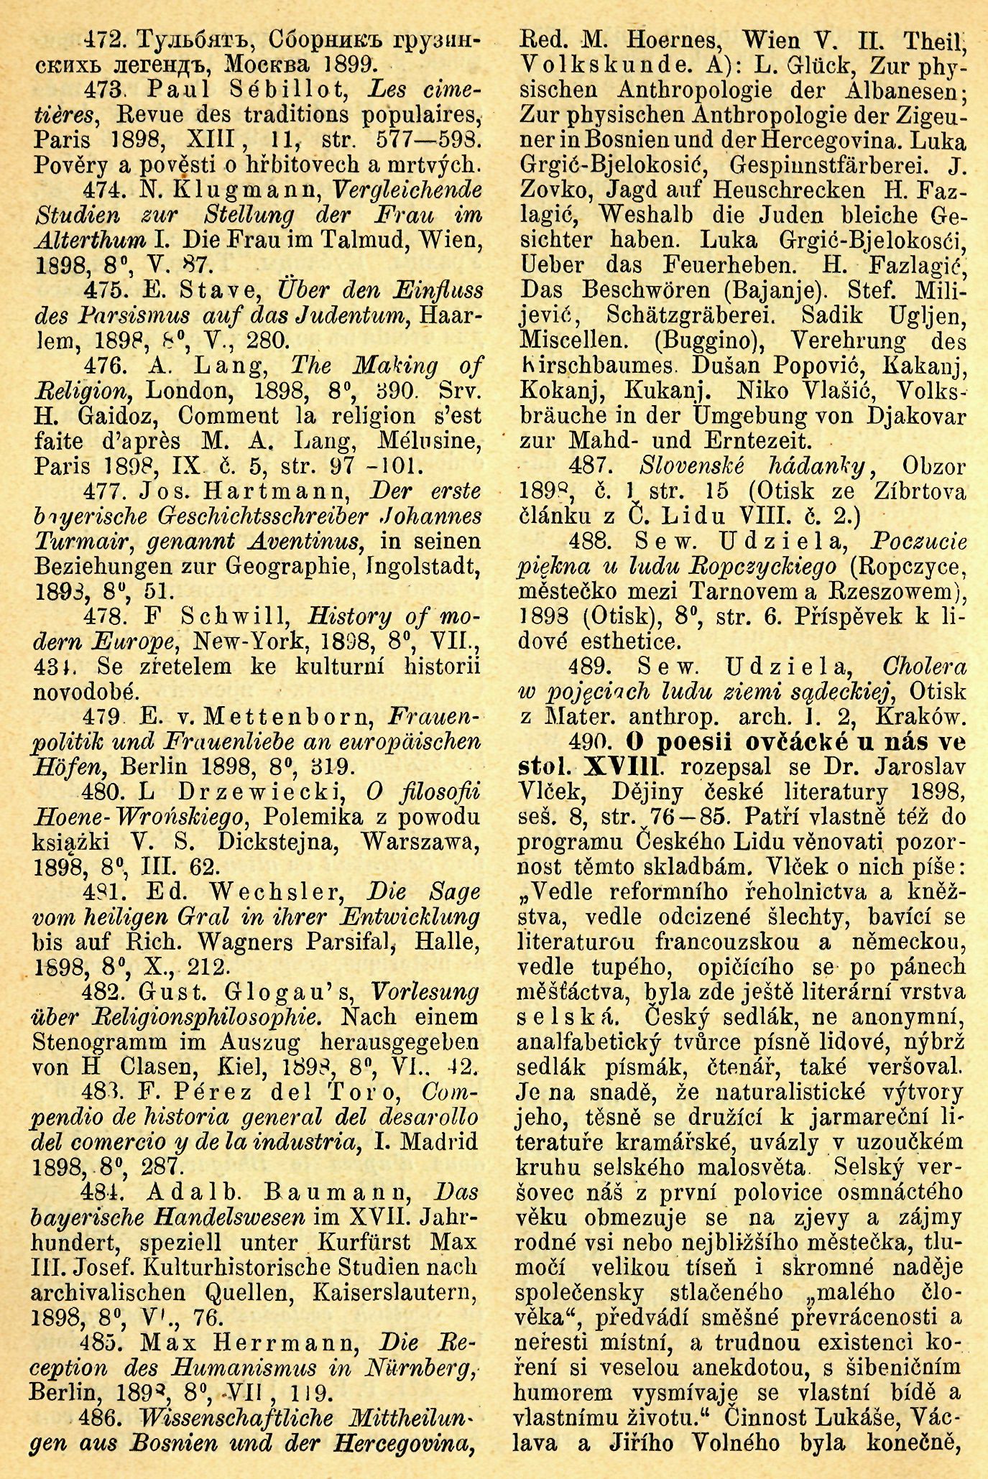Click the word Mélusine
coord(412,441)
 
